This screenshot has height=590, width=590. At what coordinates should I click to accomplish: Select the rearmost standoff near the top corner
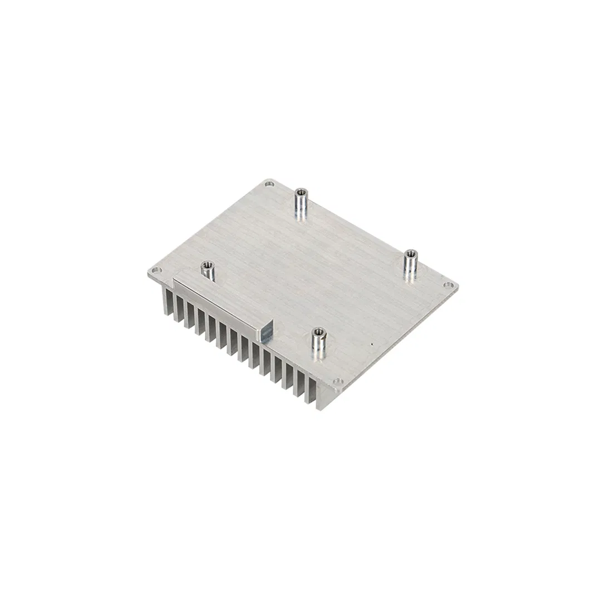click(301, 204)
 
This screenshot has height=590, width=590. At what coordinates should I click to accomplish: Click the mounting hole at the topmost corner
click(270, 183)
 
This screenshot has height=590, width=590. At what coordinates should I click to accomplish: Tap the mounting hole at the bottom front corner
click(337, 382)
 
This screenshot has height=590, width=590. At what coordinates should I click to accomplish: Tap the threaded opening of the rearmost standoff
click(301, 192)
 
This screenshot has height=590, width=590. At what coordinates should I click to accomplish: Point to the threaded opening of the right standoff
click(411, 253)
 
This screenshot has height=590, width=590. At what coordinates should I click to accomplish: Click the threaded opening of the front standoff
click(318, 331)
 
